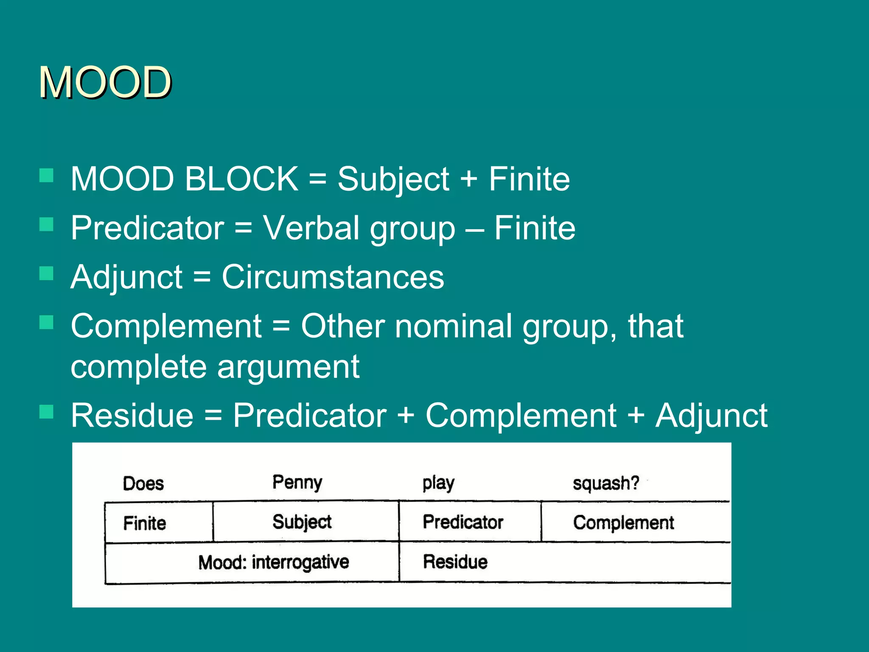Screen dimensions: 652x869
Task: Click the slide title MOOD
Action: [105, 82]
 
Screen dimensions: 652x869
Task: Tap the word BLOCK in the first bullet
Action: [241, 179]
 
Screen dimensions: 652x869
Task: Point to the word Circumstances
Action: [333, 277]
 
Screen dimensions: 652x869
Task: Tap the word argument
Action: [288, 366]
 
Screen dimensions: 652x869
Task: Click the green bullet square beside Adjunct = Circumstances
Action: [46, 274]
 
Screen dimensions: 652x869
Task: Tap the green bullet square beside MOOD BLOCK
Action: [46, 175]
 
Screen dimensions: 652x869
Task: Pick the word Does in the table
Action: [143, 483]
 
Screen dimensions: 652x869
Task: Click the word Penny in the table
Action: [297, 483]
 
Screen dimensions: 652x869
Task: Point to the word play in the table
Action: [438, 483]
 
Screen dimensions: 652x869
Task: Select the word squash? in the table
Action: [605, 483]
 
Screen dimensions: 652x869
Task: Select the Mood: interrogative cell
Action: [273, 562]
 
